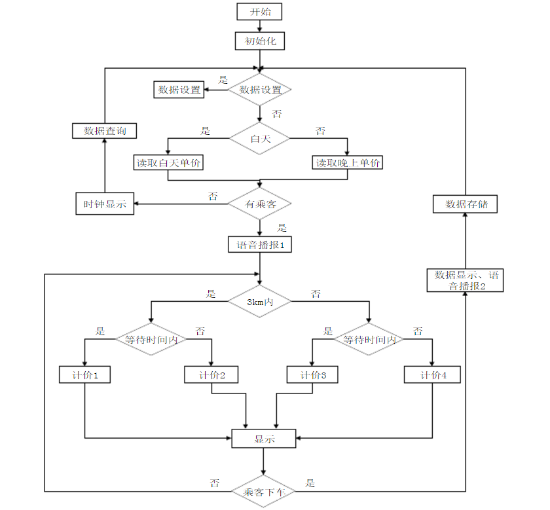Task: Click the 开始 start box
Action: tap(260, 12)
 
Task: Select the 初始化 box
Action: tap(260, 41)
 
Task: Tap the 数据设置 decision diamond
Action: tap(260, 90)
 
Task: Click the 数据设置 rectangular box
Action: tap(179, 90)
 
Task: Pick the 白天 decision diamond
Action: tap(260, 138)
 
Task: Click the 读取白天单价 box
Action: tap(168, 162)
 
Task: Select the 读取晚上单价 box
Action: tap(348, 162)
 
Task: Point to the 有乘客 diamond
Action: tap(260, 204)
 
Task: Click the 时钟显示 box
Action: tap(105, 204)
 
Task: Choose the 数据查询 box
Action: tap(105, 130)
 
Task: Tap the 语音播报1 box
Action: tap(260, 245)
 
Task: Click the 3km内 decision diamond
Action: tap(260, 301)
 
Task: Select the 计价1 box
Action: tap(84, 375)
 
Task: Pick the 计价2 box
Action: tap(212, 375)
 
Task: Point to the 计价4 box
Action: tap(432, 375)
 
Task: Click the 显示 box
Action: tap(264, 439)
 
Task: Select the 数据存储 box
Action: tap(466, 204)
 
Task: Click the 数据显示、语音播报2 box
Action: tap(466, 280)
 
